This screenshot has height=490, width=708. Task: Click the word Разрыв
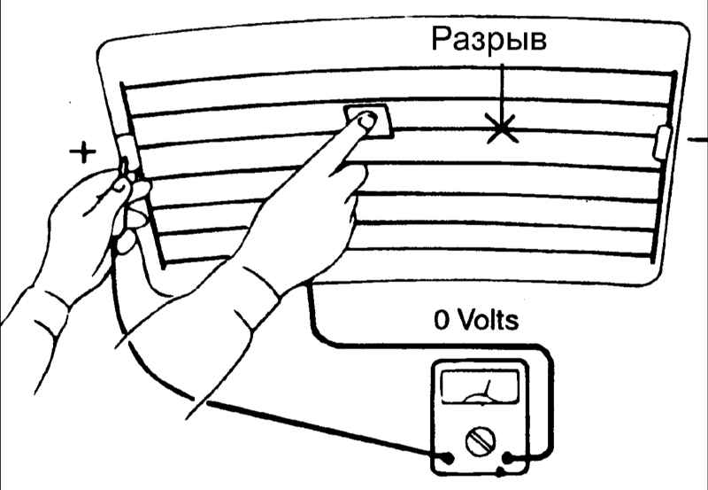pos(489,39)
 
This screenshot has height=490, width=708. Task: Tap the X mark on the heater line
pos(501,128)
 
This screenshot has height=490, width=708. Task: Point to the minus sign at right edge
pos(697,140)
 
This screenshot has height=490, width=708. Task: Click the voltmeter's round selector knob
pos(480,441)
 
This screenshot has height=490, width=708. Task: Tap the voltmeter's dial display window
pos(480,387)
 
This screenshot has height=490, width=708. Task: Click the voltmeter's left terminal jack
pos(448,458)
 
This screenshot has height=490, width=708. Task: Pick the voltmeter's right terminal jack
pos(507,458)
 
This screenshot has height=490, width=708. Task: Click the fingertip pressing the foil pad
pos(366,121)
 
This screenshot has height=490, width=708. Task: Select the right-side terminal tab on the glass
pos(662,143)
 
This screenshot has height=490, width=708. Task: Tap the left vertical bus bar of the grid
pos(142,175)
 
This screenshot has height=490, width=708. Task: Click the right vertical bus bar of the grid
pos(664,167)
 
